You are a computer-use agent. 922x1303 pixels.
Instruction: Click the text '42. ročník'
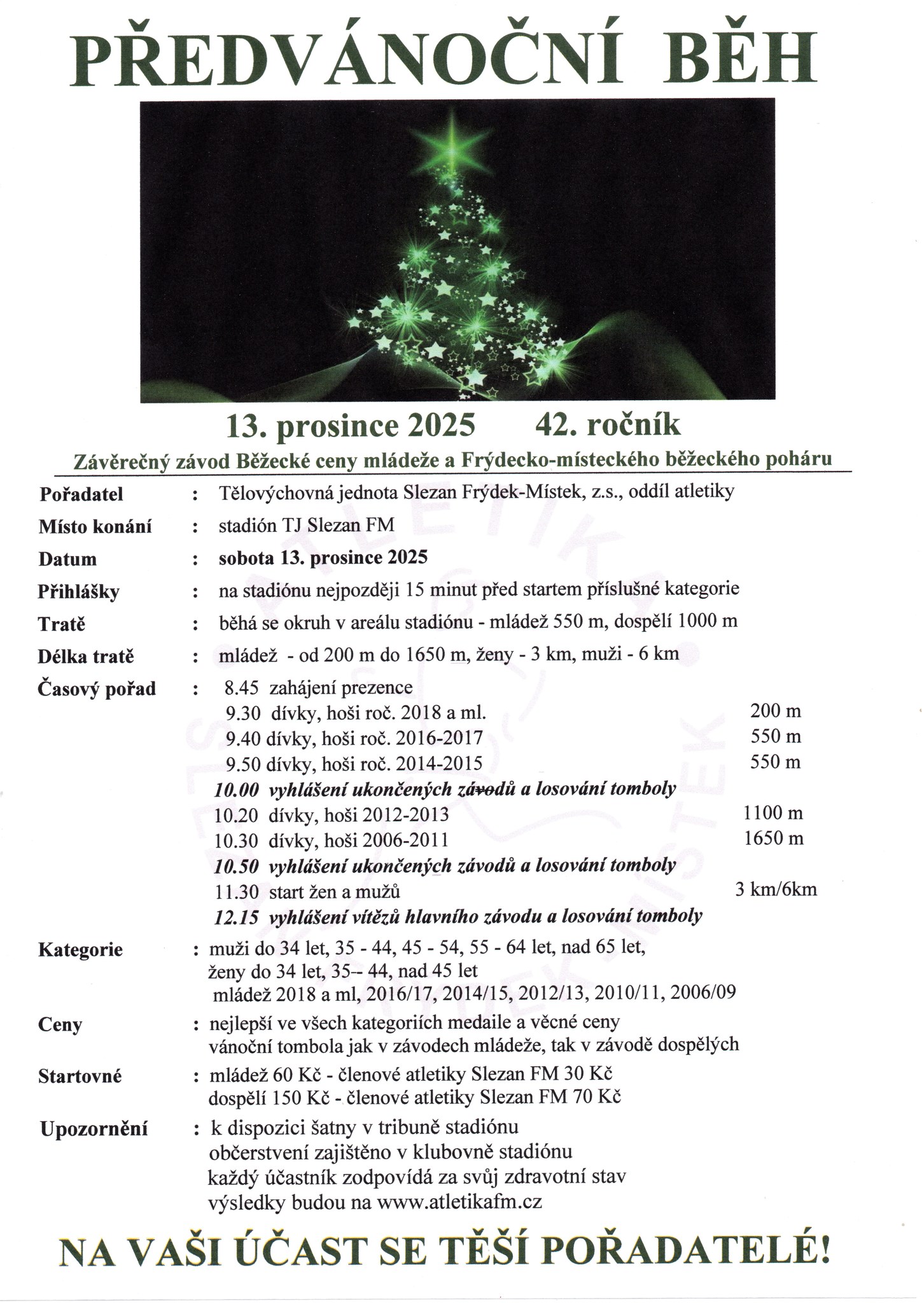[x=608, y=425]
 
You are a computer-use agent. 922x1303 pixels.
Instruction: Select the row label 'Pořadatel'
[x=81, y=494]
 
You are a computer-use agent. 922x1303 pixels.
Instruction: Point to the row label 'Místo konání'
[x=95, y=527]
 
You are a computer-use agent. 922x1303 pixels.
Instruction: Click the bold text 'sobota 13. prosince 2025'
[x=323, y=558]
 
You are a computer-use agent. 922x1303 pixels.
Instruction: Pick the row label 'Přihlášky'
[x=78, y=592]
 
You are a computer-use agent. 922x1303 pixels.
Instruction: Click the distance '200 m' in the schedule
[x=775, y=711]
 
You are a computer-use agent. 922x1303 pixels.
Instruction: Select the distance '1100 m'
[x=772, y=813]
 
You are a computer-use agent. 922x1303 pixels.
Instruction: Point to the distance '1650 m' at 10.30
[x=773, y=839]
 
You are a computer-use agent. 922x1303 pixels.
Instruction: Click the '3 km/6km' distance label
[x=775, y=889]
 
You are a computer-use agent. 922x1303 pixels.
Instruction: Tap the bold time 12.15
[x=237, y=917]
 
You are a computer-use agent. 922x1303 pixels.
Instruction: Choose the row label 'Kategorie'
[x=80, y=951]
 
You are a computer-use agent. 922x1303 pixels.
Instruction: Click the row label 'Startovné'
[x=80, y=1077]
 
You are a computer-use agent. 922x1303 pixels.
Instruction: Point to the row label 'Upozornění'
[x=94, y=1129]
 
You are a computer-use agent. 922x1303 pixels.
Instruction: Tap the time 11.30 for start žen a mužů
[x=237, y=892]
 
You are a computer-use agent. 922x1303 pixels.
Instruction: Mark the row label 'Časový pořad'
[x=97, y=689]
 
